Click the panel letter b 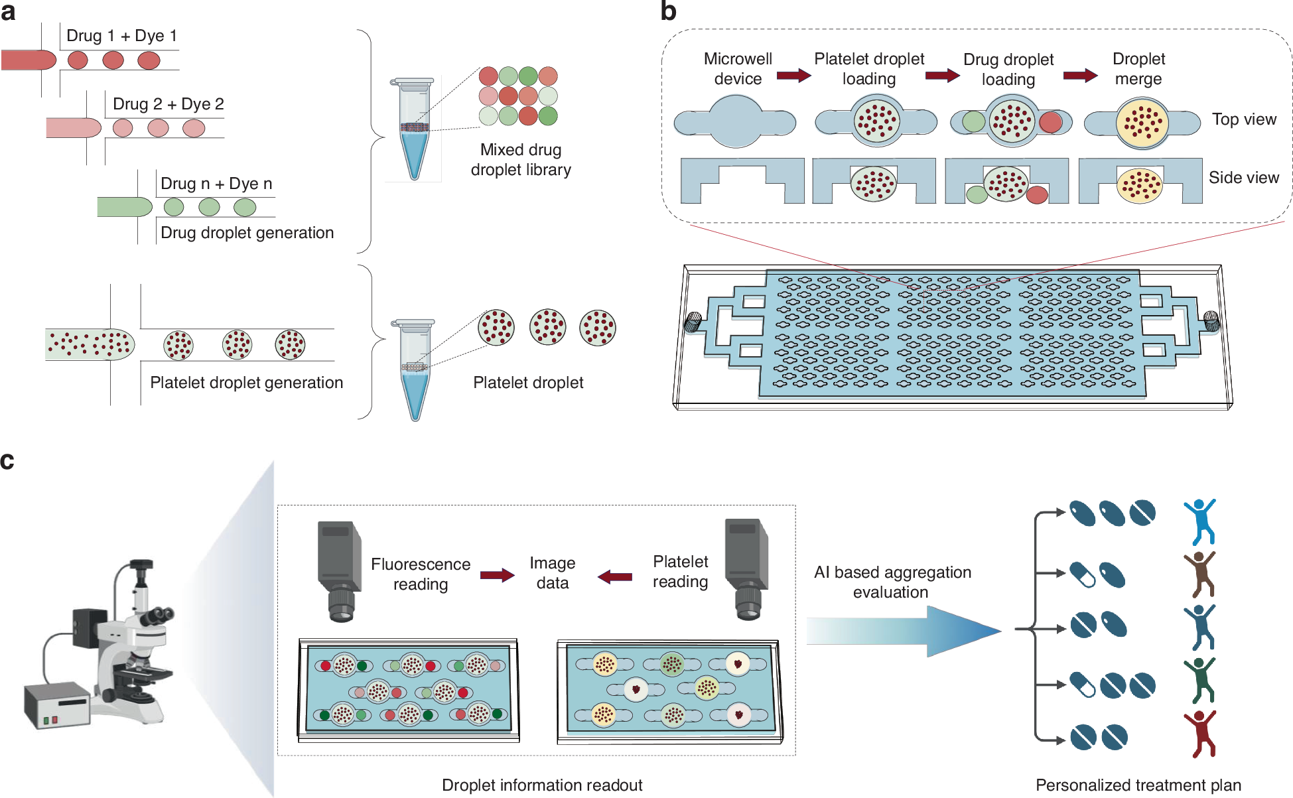coord(668,12)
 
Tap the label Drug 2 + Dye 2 coord(168,104)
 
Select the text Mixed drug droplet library coord(521,160)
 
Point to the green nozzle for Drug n coord(125,207)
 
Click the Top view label coord(1243,119)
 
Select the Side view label coord(1243,178)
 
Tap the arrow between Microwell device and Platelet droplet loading coord(793,76)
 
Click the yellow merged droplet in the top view coord(1142,122)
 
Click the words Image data coord(552,573)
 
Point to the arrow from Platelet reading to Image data coord(615,576)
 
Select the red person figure coord(1200,734)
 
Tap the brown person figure coord(1200,574)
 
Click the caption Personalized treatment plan coord(1138,785)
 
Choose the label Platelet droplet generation coord(246,383)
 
